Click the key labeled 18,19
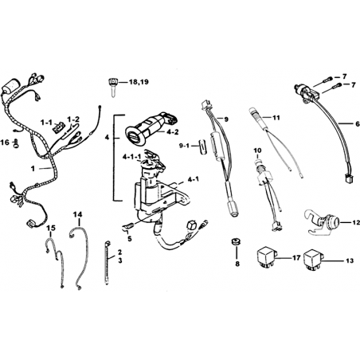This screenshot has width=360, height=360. pos(112,87)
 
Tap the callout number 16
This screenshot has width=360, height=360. pos(5,143)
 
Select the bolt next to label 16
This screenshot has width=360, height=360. pos(15,143)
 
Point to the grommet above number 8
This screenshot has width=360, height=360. pos(235,242)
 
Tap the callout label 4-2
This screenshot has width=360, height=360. pos(173,132)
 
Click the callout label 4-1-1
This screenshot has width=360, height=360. pos(131,157)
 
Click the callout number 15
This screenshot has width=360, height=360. pos(51,228)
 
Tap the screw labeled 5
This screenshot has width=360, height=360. pos(129,226)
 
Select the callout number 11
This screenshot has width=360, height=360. pos(276,117)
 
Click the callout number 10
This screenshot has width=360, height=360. pos(257,151)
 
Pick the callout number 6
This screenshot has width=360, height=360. pos(351,123)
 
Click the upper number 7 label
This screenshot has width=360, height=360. pos(344,76)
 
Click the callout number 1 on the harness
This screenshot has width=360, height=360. pos(33,169)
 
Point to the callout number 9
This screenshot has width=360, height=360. pos(226,119)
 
